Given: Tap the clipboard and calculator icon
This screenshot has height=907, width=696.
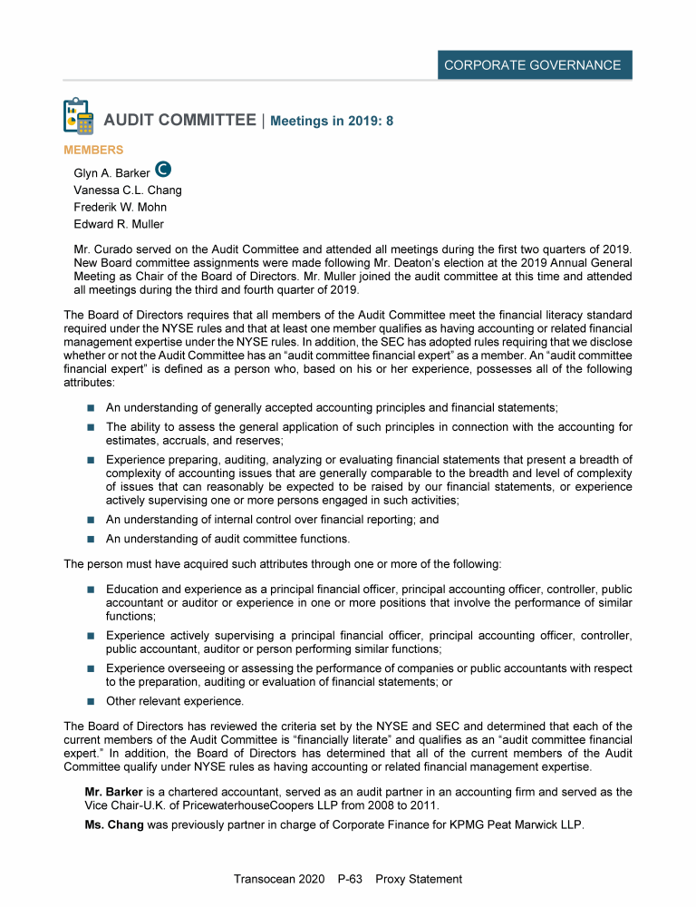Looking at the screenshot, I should click(x=79, y=117).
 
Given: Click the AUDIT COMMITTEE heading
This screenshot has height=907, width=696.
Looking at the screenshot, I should click(x=180, y=120).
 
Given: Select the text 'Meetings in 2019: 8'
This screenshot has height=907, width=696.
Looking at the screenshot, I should click(x=332, y=121).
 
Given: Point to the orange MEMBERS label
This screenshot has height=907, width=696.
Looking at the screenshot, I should click(x=93, y=150).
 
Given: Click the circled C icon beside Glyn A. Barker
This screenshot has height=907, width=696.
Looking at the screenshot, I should click(x=163, y=170).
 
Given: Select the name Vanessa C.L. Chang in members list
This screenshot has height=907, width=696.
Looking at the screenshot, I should click(x=128, y=190).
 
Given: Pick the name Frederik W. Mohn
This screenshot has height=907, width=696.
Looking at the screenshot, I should click(x=120, y=208).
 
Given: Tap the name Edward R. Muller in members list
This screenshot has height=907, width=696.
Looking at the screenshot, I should click(x=119, y=224).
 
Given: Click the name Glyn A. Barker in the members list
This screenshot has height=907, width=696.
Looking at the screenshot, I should click(x=111, y=173).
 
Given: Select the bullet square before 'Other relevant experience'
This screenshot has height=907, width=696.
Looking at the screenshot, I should click(x=91, y=701).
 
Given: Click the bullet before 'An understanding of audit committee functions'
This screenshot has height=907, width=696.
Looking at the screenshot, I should click(x=91, y=539).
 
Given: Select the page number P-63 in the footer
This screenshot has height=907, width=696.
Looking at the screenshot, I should click(x=350, y=879).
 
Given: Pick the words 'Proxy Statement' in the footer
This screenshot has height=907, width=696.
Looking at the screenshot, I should click(x=419, y=879).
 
